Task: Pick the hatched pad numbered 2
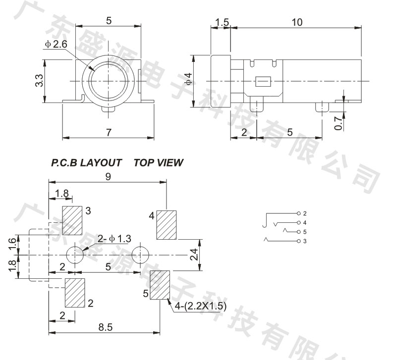[x=75, y=292]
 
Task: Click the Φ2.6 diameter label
[x=56, y=45]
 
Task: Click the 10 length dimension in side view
[x=297, y=22]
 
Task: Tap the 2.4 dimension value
[x=194, y=255]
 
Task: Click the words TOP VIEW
[x=158, y=162]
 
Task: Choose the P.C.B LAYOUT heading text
[x=87, y=162]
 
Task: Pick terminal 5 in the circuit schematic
[x=304, y=232]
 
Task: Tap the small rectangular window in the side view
[x=262, y=82]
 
